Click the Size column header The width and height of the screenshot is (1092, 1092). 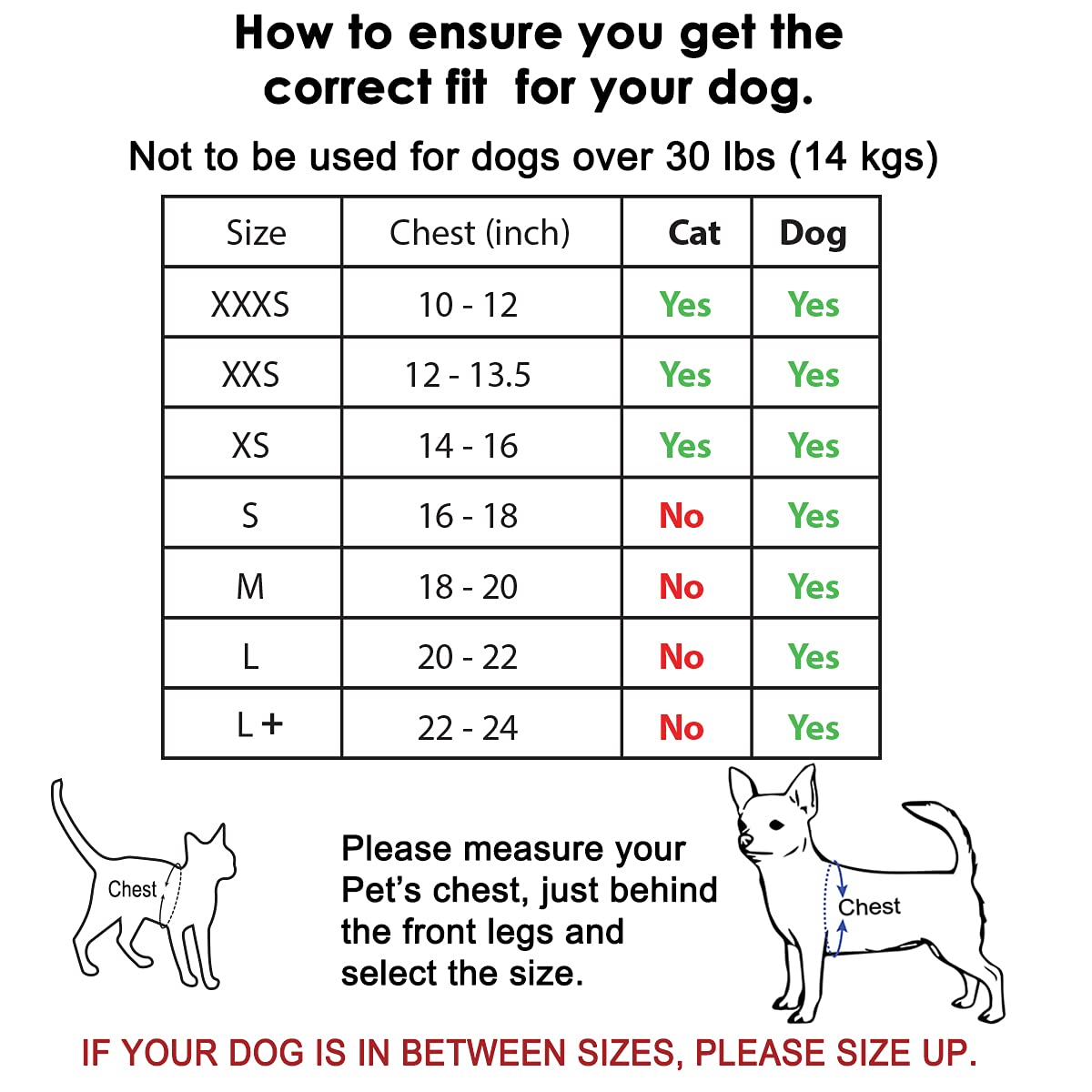coord(256,233)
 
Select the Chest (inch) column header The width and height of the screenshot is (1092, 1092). coord(480,233)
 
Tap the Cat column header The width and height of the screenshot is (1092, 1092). coord(693,233)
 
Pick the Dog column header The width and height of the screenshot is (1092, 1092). coord(813,234)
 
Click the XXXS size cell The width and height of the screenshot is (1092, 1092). coord(250,305)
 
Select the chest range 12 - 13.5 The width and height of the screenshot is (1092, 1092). coord(468,375)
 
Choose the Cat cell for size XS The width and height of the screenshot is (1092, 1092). coord(685,446)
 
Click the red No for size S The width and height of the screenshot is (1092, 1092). coord(682,516)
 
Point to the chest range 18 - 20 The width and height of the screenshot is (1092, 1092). coord(468,587)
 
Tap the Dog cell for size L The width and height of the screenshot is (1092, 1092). coord(814,657)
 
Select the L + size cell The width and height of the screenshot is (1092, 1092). coord(259,725)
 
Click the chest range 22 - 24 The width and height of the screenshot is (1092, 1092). coord(468,728)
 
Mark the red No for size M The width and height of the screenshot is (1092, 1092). coord(682,587)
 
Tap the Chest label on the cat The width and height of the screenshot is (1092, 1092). coord(132,889)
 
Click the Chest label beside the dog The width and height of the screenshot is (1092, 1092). coord(869,907)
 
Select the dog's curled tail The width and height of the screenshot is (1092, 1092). coord(946,828)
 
